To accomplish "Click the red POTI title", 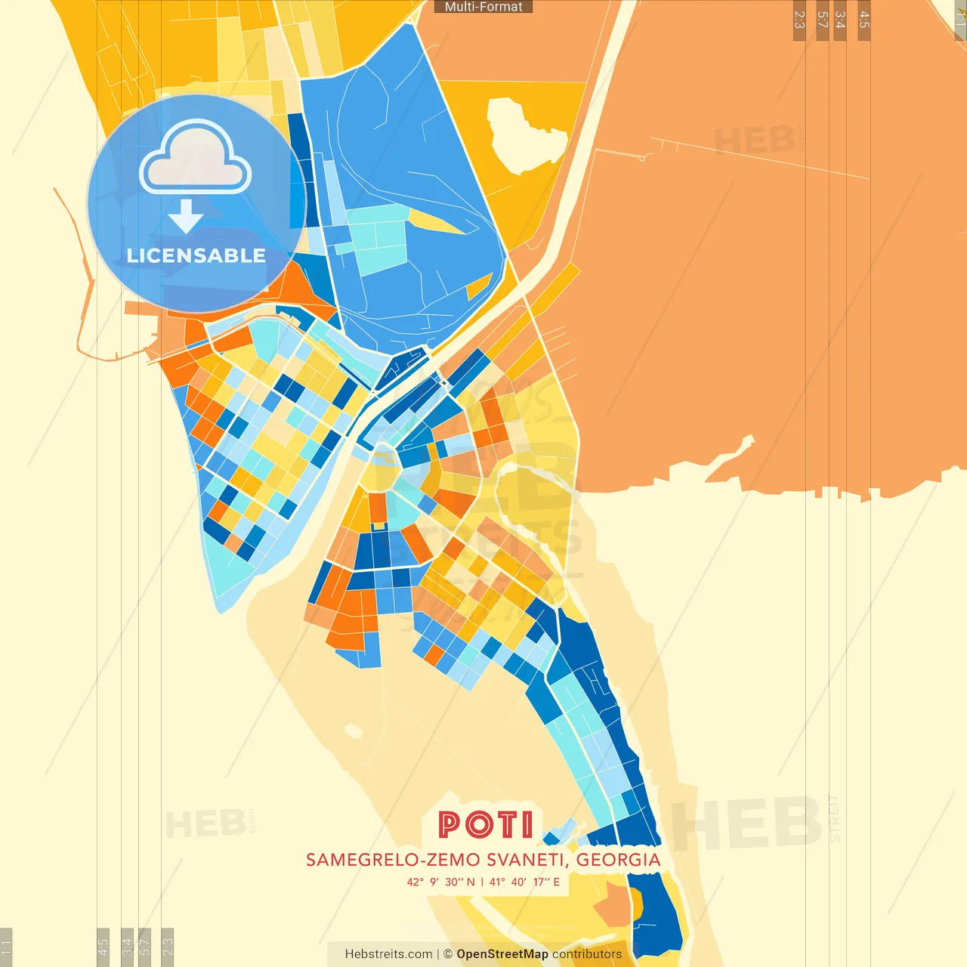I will (x=486, y=824).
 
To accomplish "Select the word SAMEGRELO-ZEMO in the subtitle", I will (x=394, y=860).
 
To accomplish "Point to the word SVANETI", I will (x=527, y=860).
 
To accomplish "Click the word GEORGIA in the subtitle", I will (x=619, y=860).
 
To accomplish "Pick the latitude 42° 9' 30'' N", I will (x=441, y=882).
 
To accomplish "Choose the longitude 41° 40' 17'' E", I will (x=525, y=882).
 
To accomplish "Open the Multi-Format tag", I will (x=483, y=7).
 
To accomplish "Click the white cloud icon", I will (x=196, y=159).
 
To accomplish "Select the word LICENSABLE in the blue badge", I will (x=196, y=255).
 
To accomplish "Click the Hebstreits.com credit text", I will (x=388, y=954).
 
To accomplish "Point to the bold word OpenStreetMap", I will (x=502, y=954).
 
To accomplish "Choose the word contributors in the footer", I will (x=587, y=954).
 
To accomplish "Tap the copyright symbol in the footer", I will (x=448, y=954).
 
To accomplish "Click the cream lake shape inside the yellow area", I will (x=527, y=136).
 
